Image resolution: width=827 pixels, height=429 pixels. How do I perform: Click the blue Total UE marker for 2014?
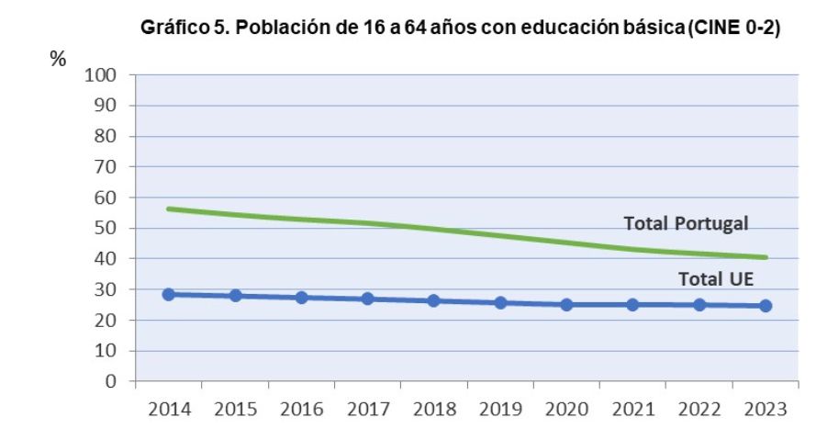coord(169,294)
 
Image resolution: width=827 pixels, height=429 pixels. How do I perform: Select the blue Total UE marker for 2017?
coord(367,299)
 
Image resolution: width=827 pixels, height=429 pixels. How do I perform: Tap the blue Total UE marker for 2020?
coord(566,304)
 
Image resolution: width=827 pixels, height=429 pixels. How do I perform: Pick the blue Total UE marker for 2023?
coord(766,305)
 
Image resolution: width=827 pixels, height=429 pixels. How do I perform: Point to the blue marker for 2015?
coord(235,296)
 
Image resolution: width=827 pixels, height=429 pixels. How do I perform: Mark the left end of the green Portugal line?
coord(169,209)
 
